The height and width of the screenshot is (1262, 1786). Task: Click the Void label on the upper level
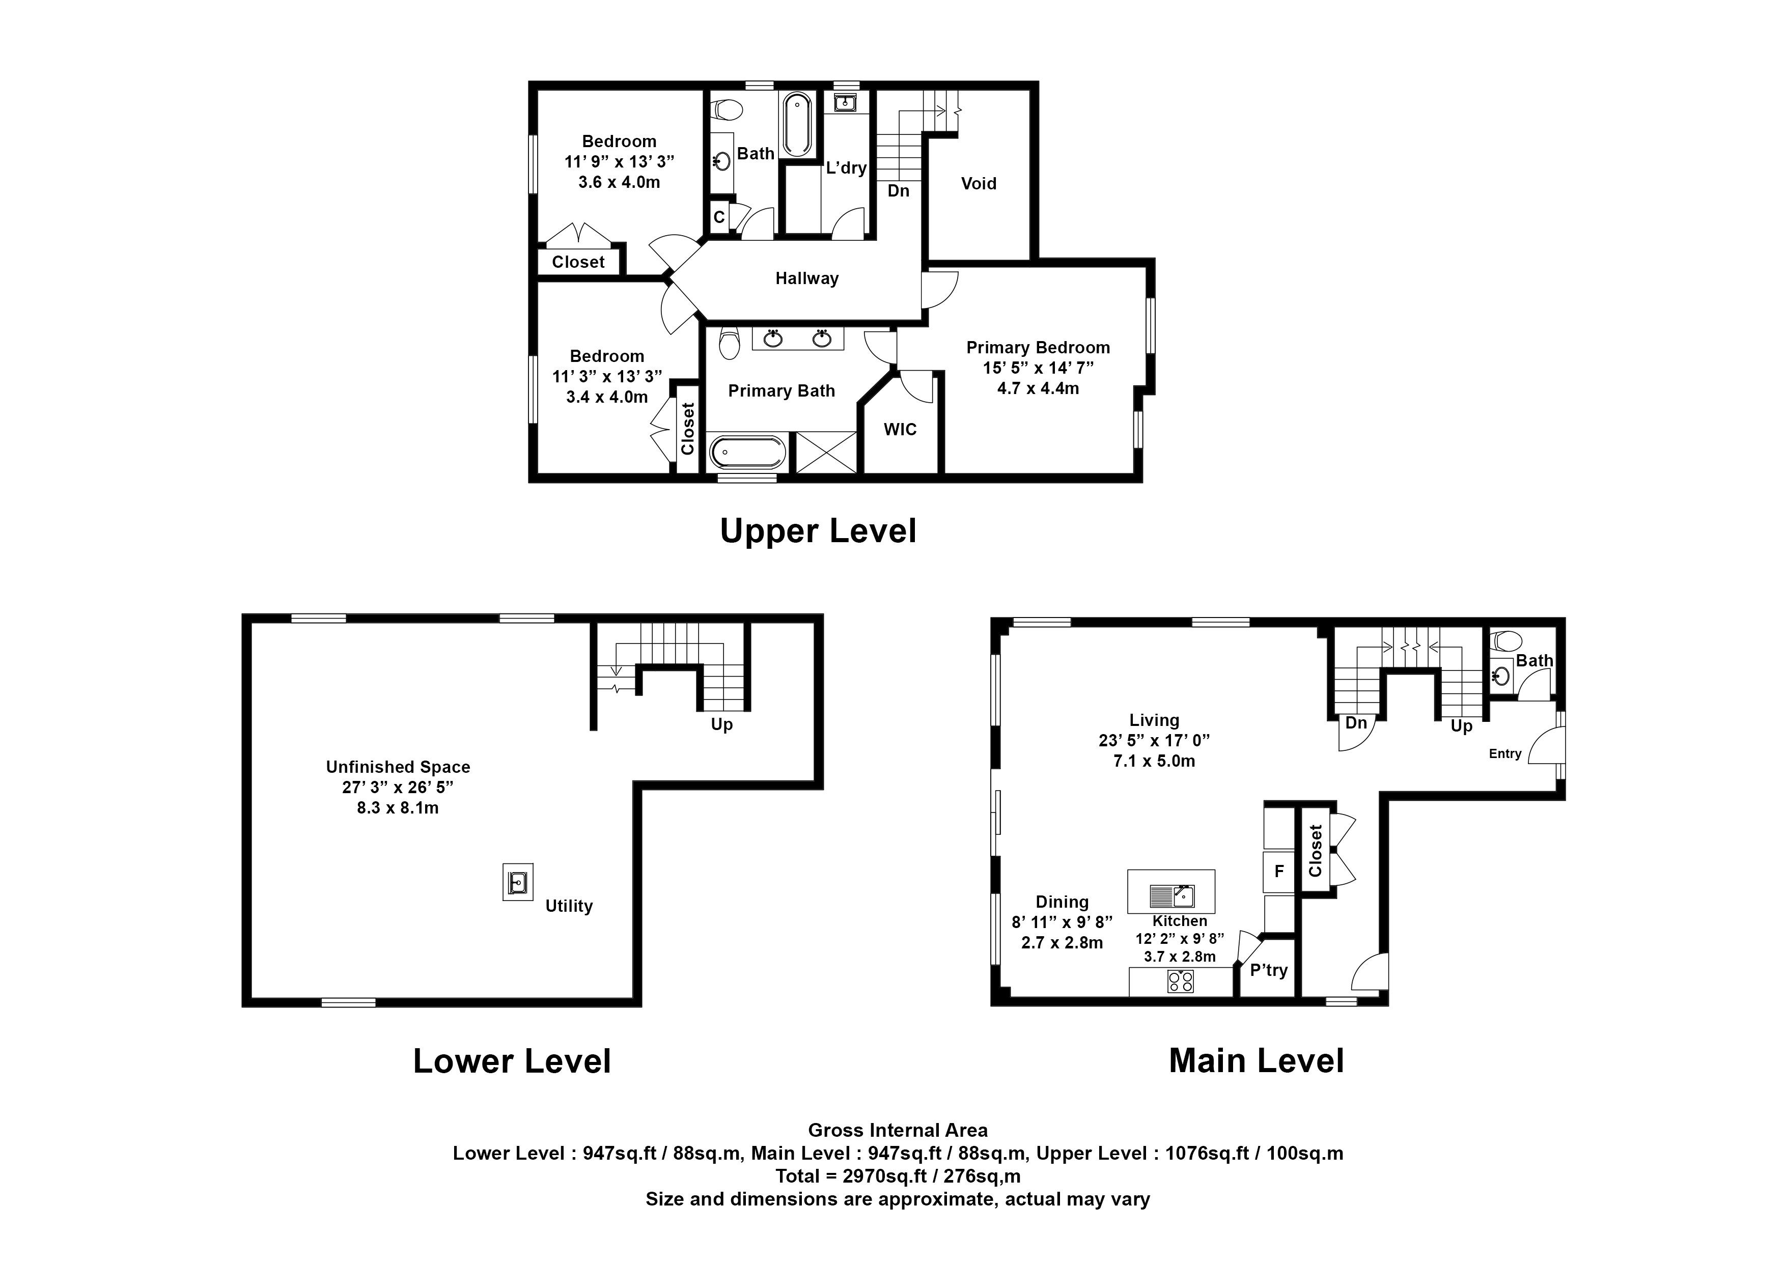pos(979,183)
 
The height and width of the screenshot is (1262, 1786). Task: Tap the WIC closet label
pos(900,429)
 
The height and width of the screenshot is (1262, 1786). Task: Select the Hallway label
pos(806,278)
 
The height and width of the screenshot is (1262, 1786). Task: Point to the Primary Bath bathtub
pos(747,451)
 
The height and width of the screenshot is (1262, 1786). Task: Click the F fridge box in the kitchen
pos(1278,872)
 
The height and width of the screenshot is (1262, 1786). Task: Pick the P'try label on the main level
pos(1269,970)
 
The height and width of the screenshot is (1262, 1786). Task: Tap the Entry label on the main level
pos(1505,753)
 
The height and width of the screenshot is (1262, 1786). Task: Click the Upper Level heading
pos(818,531)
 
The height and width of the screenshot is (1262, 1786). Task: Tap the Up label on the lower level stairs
pos(722,725)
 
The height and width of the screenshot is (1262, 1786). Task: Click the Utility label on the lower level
pos(569,906)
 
